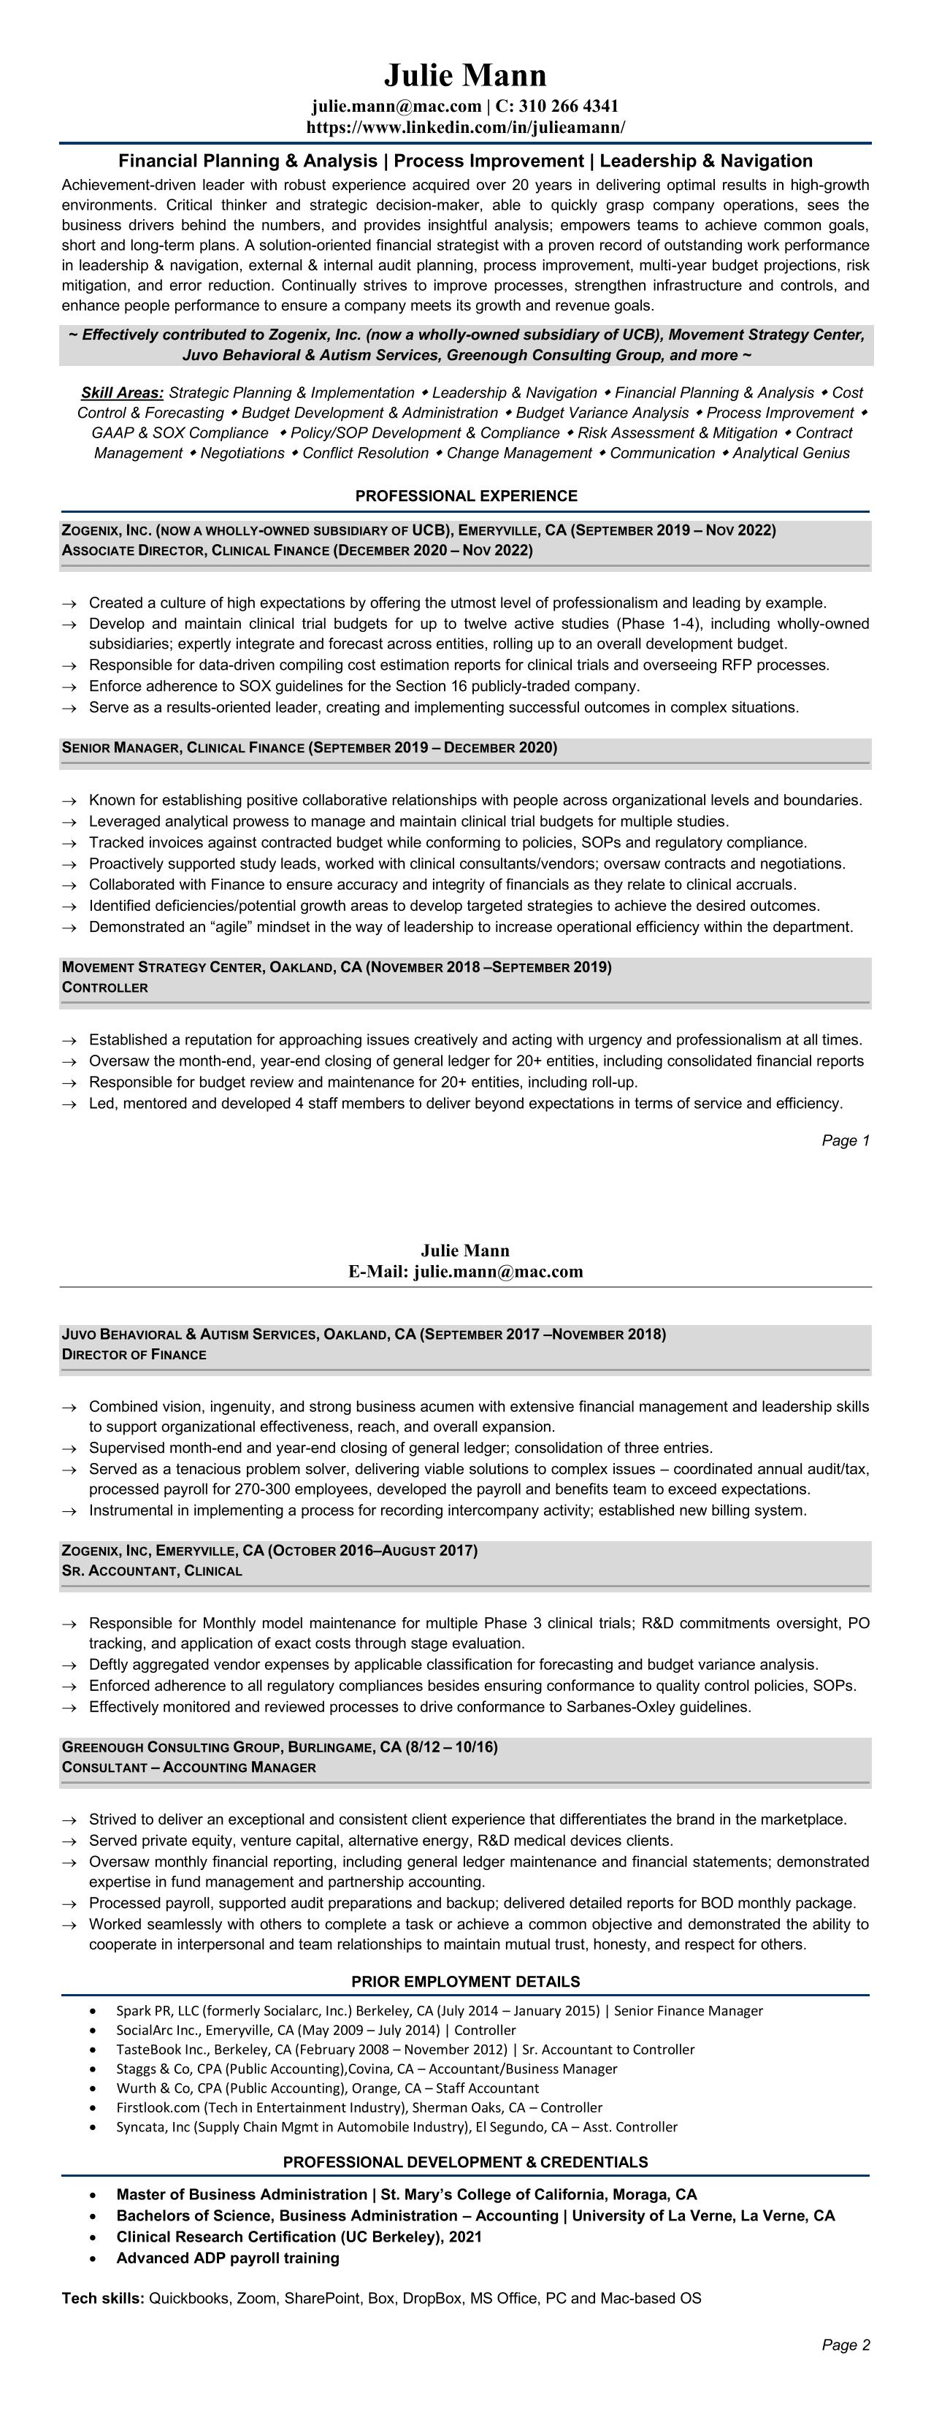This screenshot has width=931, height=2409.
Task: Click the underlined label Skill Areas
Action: coord(121,393)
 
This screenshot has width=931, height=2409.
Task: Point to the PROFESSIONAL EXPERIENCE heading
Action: coord(466,496)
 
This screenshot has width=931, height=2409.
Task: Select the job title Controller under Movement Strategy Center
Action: coord(104,988)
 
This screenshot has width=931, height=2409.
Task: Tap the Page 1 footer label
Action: coord(845,1140)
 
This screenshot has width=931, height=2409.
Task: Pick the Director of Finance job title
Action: coord(134,1354)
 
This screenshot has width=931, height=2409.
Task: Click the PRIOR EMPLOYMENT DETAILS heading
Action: coord(466,1982)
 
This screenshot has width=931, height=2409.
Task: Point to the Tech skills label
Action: coord(103,2298)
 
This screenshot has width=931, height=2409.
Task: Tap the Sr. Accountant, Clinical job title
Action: coord(151,1571)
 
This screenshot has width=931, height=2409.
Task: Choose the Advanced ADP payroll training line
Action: coord(227,2258)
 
